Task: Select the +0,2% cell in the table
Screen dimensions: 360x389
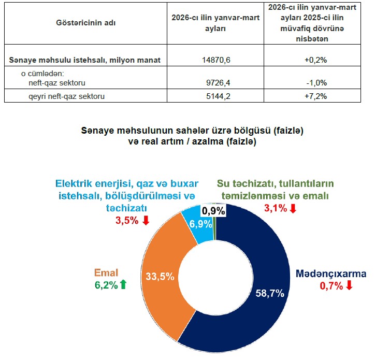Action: [316, 60]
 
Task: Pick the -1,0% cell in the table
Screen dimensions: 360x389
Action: [316, 82]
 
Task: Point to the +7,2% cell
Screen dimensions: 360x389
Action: [316, 96]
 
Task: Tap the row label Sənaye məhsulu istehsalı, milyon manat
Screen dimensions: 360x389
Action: [85, 60]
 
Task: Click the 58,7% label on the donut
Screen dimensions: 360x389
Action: [270, 294]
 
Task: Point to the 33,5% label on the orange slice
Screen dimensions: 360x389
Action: [159, 277]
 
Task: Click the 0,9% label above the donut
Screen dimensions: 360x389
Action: [213, 211]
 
